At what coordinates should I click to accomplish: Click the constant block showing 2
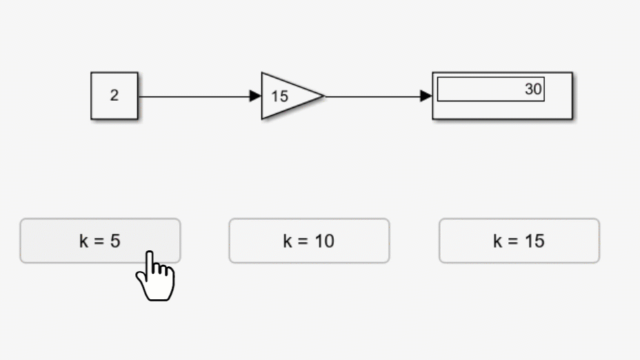(114, 96)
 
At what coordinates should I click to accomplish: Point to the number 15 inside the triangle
(279, 97)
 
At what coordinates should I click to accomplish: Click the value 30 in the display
(533, 89)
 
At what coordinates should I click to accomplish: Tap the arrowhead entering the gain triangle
(255, 96)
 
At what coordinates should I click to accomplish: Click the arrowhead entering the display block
(426, 96)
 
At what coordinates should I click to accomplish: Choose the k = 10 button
(309, 241)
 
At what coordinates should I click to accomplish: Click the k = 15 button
(519, 241)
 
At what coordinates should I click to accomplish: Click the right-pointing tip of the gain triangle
(325, 96)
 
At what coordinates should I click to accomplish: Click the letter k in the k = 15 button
(497, 241)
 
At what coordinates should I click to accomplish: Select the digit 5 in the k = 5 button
(115, 241)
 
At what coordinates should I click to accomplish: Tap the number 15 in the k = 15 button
(534, 241)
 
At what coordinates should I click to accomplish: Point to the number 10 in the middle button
(324, 241)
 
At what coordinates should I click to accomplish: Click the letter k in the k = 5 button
(83, 241)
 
